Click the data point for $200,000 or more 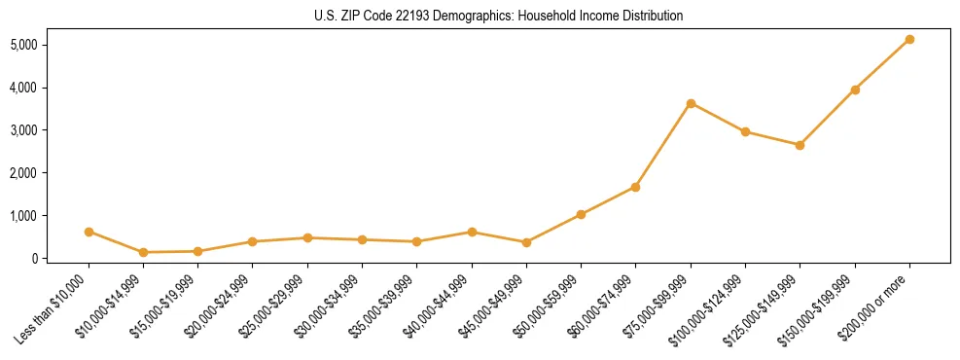909,39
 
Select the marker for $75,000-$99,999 691,103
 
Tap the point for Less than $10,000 89,232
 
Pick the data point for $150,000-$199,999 855,90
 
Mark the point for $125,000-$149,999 800,145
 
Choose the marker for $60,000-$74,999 635,187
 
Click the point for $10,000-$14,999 143,252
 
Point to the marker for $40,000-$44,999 472,232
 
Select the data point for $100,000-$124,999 745,131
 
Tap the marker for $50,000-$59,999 581,214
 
